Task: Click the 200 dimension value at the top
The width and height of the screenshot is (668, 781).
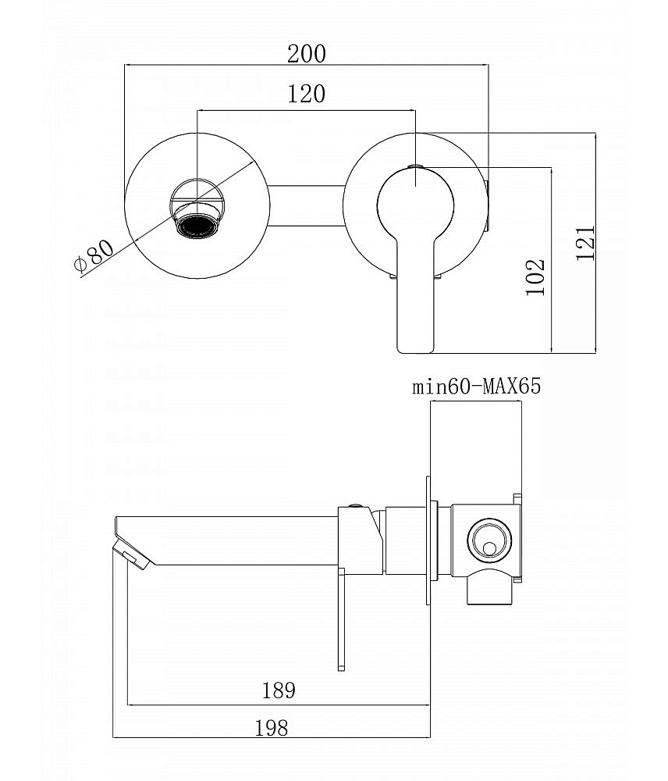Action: point(306,54)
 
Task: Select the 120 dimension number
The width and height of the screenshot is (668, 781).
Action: point(306,95)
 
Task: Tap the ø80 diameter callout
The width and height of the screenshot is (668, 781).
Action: point(94,256)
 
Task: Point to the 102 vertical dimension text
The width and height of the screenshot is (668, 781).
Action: point(535,276)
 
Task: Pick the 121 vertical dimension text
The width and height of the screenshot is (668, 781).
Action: point(586,243)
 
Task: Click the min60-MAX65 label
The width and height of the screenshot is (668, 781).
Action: point(476,387)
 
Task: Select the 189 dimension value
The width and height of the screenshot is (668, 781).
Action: point(279,690)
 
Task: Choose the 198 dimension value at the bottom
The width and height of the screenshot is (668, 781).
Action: point(272,728)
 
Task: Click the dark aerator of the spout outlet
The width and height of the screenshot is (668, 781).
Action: point(198,226)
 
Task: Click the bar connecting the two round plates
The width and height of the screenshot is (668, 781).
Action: point(306,206)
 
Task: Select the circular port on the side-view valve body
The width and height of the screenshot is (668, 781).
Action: point(490,538)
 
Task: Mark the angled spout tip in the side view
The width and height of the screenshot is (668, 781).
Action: point(133,553)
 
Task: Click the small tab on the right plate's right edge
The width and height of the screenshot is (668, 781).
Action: point(487,206)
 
